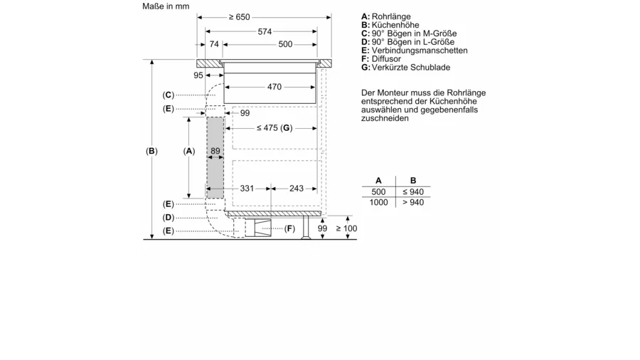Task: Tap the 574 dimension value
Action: pos(265,31)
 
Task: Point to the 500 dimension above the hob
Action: pos(284,45)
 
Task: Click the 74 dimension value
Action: pos(213,45)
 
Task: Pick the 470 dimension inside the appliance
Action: pos(274,88)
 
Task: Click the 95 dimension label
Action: pos(198,75)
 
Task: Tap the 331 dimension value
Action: pos(247,189)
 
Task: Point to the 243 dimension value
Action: pos(296,189)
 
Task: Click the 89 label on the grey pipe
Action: pos(215,151)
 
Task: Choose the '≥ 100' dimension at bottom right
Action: pos(346,228)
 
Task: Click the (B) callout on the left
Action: pos(151,151)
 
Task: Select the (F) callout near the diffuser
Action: pos(289,228)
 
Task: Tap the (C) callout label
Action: pos(169,95)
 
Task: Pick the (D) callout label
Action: pos(169,217)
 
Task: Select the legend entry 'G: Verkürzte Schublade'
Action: pos(405,68)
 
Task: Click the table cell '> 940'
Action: pos(412,203)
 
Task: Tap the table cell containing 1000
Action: pos(378,203)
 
